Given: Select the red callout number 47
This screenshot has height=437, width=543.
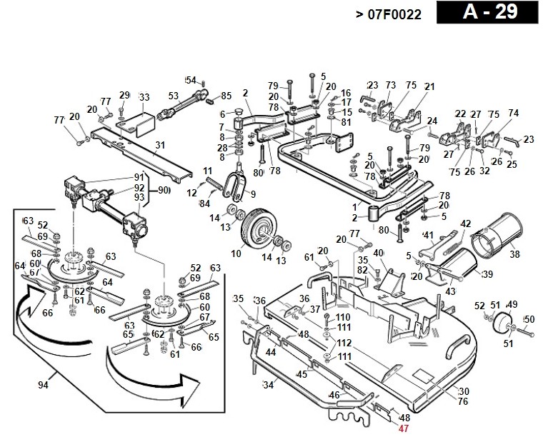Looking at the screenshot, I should [x=404, y=428].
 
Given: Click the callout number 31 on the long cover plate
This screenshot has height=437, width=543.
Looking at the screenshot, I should [x=160, y=145].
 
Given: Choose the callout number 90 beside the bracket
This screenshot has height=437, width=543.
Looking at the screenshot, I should [x=164, y=191].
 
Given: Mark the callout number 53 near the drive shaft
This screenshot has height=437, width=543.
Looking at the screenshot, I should [x=173, y=96].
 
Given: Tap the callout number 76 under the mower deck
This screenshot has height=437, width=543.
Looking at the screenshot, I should [x=463, y=401].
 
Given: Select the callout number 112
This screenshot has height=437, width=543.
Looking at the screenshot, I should [x=343, y=343].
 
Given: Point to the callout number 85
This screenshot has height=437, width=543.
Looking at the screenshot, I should [x=226, y=96].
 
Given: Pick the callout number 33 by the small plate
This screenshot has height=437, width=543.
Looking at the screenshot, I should [x=144, y=97].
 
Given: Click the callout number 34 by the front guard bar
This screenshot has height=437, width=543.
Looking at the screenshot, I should [x=269, y=386].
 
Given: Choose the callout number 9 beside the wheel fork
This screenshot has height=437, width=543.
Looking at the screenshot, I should [x=251, y=194].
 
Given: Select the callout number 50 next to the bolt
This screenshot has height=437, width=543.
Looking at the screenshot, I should [x=529, y=319].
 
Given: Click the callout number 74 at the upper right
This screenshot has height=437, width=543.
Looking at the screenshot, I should [x=513, y=113].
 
